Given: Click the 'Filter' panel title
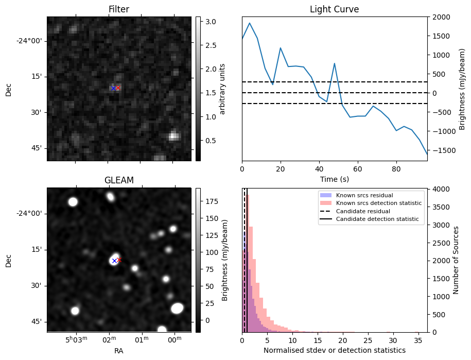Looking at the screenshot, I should click(119, 10).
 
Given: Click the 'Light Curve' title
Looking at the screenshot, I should click(334, 10).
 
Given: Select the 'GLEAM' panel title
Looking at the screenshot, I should click(119, 180).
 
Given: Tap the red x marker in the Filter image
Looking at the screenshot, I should click(118, 88).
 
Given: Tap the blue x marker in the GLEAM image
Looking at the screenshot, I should click(114, 261).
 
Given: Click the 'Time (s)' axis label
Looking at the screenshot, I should click(334, 178).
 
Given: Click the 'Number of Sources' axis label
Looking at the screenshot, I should click(456, 260).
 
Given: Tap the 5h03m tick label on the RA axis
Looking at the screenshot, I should click(76, 340).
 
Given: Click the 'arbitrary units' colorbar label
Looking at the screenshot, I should click(222, 89).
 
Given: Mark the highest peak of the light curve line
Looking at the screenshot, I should click(250, 23).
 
